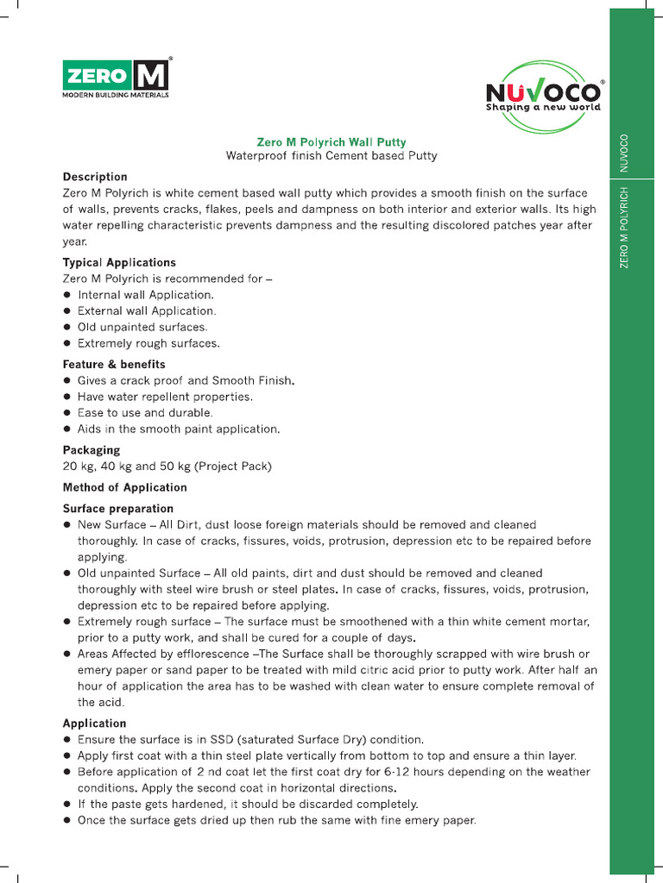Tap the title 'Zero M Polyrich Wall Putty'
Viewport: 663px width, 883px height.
coord(331,142)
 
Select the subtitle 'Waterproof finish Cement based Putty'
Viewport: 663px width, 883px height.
coord(331,156)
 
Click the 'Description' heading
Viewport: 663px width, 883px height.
coord(95,177)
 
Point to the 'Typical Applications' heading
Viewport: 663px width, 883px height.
coord(119,262)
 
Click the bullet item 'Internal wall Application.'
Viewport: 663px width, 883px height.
coord(145,295)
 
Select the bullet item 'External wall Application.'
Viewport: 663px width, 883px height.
coord(147,310)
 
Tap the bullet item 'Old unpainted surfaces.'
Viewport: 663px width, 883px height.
coord(142,327)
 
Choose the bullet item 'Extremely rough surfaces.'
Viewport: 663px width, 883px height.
coord(148,343)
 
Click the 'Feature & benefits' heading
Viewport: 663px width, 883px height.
coord(114,365)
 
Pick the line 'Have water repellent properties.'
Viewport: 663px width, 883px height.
coord(165,397)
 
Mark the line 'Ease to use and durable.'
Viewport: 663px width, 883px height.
coord(145,413)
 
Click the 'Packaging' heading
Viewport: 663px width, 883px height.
coord(92,450)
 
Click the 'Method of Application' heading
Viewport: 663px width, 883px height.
coord(124,487)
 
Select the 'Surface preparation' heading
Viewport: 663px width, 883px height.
coord(118,509)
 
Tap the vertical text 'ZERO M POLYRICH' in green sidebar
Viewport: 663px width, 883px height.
coord(624,226)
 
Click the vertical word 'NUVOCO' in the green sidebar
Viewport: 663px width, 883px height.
coord(624,153)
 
